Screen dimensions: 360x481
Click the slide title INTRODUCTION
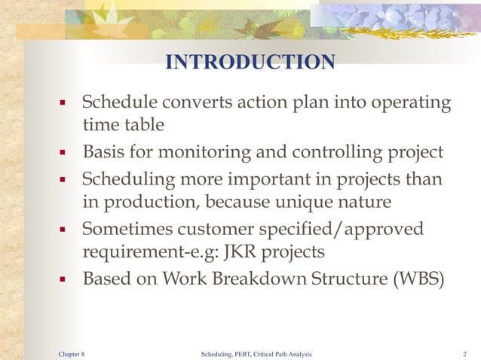point(250,62)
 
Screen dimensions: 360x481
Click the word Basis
point(105,153)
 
